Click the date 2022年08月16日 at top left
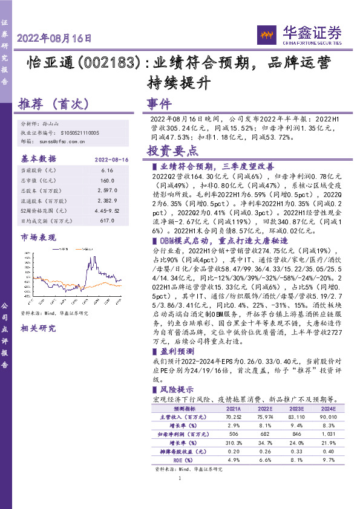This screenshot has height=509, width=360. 54,38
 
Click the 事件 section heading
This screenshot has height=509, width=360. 159,104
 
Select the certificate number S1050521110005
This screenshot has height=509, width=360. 82,132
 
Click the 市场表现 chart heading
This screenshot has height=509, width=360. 40,236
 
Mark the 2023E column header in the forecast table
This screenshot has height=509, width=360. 298,409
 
